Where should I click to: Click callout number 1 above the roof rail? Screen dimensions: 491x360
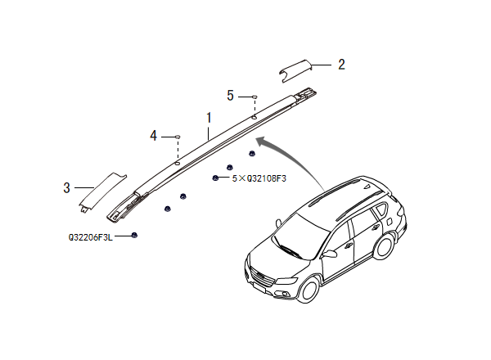pos(209,118)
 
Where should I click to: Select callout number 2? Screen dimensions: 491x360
pos(341,64)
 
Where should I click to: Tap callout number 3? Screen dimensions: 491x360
pos(66,187)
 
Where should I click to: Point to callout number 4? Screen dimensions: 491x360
pos(154,135)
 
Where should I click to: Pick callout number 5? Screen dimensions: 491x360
pos(231,96)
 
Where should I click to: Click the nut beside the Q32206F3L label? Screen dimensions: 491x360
pos(134,236)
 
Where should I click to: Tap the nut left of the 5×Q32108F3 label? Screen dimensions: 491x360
pos(214,178)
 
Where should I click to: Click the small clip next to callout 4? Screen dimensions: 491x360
pos(177,135)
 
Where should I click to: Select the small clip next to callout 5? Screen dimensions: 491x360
pos(254,97)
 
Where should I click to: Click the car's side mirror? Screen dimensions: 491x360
pos(331,253)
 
